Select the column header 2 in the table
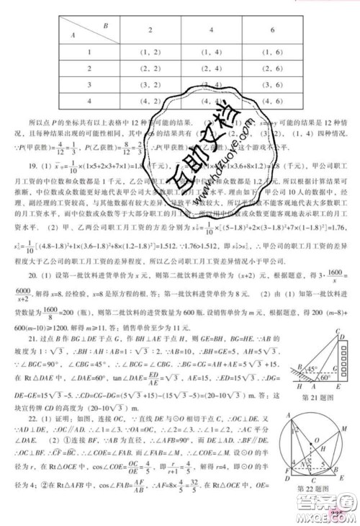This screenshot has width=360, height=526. click(x=150, y=32)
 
